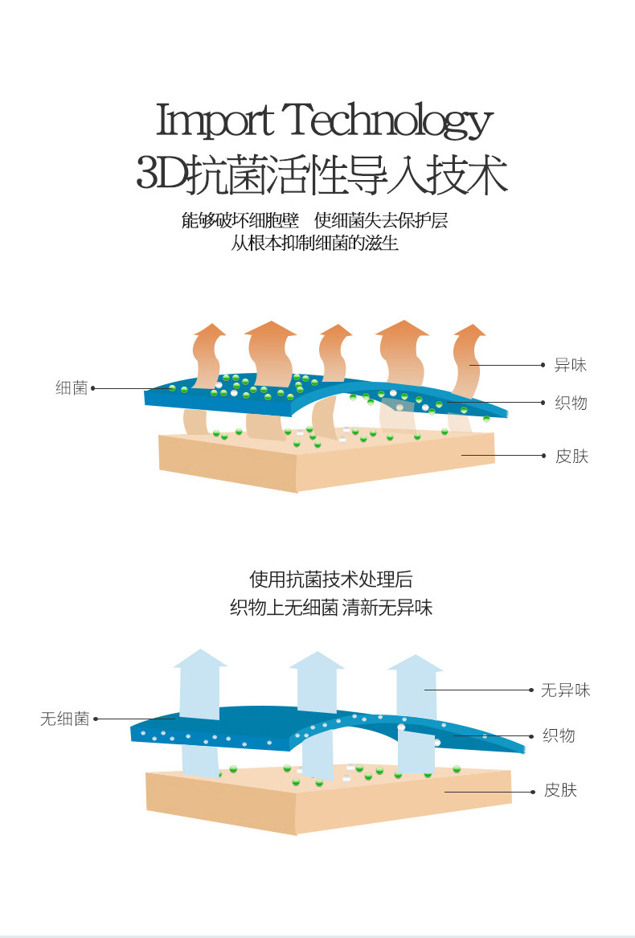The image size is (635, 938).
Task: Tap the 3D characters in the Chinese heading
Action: tap(161, 174)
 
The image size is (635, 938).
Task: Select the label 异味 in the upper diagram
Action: tap(571, 366)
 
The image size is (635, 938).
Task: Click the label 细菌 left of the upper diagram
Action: tap(72, 388)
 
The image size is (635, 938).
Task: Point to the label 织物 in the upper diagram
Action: tap(571, 403)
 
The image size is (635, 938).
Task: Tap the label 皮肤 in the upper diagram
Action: tap(571, 457)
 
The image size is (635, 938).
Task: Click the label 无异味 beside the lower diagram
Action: tap(565, 690)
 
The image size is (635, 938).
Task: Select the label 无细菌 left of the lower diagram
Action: tap(64, 719)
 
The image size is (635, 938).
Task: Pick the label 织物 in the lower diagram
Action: tap(559, 735)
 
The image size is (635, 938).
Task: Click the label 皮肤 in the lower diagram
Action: tap(560, 790)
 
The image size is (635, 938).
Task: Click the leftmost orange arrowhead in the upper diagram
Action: tap(210, 330)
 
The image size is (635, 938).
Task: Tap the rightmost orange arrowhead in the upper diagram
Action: tap(469, 330)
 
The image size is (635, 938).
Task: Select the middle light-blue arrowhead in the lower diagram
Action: tap(317, 660)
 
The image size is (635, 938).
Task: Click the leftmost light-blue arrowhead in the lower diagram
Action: tap(200, 658)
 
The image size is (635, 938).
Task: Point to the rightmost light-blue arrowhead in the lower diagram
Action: tap(415, 663)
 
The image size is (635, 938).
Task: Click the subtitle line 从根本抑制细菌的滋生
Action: tap(315, 243)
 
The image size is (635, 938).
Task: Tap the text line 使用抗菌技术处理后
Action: tap(331, 580)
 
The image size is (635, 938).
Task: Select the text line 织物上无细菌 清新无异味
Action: tap(331, 608)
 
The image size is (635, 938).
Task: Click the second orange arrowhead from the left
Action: tap(271, 328)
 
